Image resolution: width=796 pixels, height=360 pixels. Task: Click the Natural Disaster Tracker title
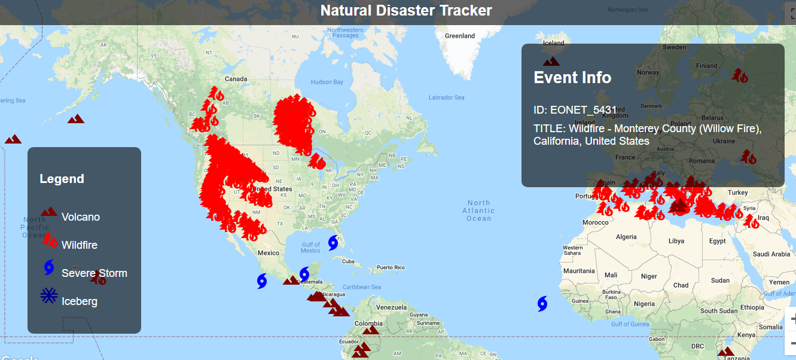tap(406, 11)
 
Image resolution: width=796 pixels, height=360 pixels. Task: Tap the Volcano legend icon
tap(48, 212)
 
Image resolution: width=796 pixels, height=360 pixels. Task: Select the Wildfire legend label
tap(79, 245)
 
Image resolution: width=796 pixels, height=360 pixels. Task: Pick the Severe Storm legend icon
tap(49, 267)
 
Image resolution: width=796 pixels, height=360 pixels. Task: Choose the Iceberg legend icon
tap(48, 295)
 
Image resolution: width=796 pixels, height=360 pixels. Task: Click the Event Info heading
tap(572, 78)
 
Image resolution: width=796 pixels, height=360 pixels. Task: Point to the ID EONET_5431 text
tap(575, 110)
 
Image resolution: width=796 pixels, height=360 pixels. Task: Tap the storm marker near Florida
tap(333, 242)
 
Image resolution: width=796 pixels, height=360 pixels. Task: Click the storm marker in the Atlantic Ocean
tap(542, 304)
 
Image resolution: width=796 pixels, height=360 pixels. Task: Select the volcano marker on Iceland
tap(551, 61)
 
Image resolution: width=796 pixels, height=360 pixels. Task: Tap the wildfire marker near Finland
tap(740, 75)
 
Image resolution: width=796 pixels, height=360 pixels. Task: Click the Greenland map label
tap(460, 36)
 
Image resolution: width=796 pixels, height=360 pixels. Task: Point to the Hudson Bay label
tap(327, 82)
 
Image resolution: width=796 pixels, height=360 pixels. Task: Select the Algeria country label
tap(626, 237)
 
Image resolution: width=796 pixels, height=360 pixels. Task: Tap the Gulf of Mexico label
tap(310, 248)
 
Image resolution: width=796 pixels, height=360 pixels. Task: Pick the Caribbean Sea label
tap(361, 287)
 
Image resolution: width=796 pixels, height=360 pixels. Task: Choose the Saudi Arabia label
tap(771, 254)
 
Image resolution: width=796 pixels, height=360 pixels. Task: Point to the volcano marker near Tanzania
tap(726, 352)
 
